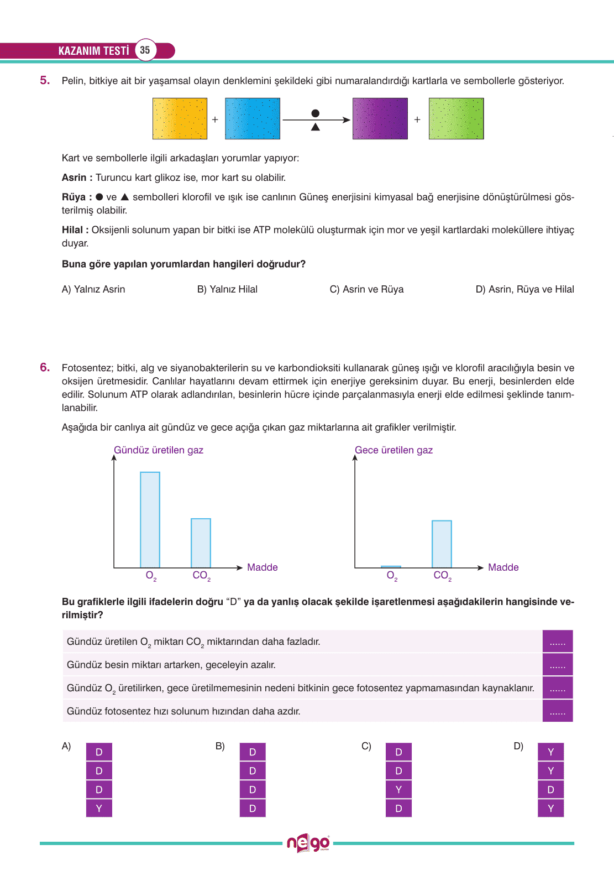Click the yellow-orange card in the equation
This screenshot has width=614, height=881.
click(x=180, y=118)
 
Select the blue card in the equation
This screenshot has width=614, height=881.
click(x=253, y=118)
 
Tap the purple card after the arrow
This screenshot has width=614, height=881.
click(x=380, y=118)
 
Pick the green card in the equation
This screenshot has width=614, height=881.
click(x=456, y=118)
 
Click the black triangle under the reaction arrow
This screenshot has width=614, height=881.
click(x=316, y=127)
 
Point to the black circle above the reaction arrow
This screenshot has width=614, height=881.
click(x=316, y=113)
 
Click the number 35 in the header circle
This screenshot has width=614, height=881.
click(x=145, y=50)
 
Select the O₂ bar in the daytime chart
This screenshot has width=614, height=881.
click(x=150, y=519)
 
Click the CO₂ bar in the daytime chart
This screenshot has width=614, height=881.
click(x=201, y=543)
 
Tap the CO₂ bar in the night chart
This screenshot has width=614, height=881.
click(x=442, y=544)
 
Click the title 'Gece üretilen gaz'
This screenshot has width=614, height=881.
click(x=393, y=450)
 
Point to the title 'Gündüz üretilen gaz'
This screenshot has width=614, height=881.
click(x=159, y=450)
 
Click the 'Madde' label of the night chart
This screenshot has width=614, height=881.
click(x=503, y=567)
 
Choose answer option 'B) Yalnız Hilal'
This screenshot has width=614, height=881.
click(x=227, y=289)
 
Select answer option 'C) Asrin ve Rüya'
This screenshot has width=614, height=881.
click(x=366, y=289)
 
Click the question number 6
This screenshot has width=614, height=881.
click(x=45, y=367)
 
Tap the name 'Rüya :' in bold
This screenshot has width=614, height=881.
click(x=77, y=197)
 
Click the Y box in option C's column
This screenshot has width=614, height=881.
click(x=398, y=789)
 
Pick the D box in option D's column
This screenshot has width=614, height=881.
click(x=550, y=789)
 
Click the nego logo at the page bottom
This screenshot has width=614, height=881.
click(x=308, y=843)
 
